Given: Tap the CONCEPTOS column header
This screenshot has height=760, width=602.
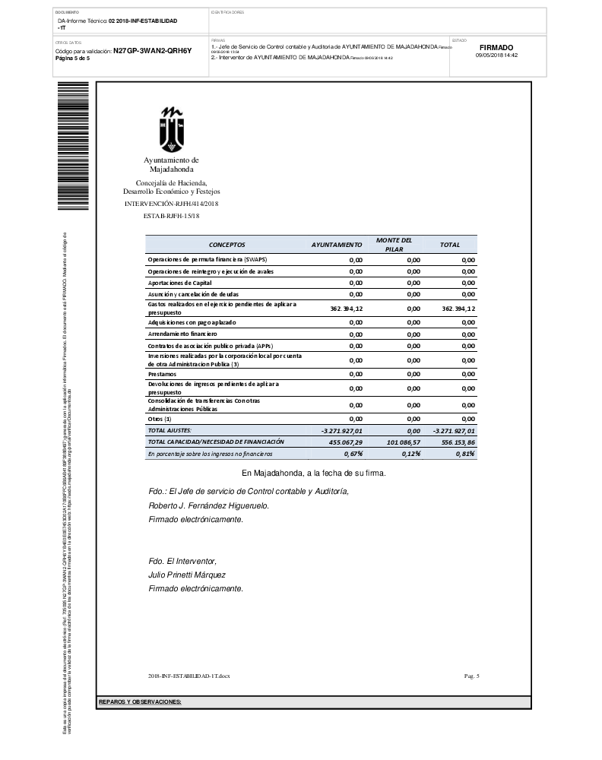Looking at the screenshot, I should coord(227,245).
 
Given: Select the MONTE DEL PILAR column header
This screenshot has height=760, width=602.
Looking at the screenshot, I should coord(394,244).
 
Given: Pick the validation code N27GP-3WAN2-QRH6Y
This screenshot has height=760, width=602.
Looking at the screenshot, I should coord(152,51).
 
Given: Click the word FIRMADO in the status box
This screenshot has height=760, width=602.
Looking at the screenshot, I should coord(496,47).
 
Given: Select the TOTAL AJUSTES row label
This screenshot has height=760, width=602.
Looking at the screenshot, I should coord(170,430).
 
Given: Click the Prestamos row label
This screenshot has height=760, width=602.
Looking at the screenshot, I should coord(162,374).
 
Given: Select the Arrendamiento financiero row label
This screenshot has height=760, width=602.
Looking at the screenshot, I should coord(182,334).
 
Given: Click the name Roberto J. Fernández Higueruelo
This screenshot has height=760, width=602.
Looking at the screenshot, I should coord(208,505).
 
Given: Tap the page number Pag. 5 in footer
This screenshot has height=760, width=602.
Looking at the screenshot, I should coord(471,675).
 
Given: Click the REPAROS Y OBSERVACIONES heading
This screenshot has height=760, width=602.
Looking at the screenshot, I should coord(140,701).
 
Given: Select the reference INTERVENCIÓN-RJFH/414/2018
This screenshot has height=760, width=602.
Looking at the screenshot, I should coord(171,204).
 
